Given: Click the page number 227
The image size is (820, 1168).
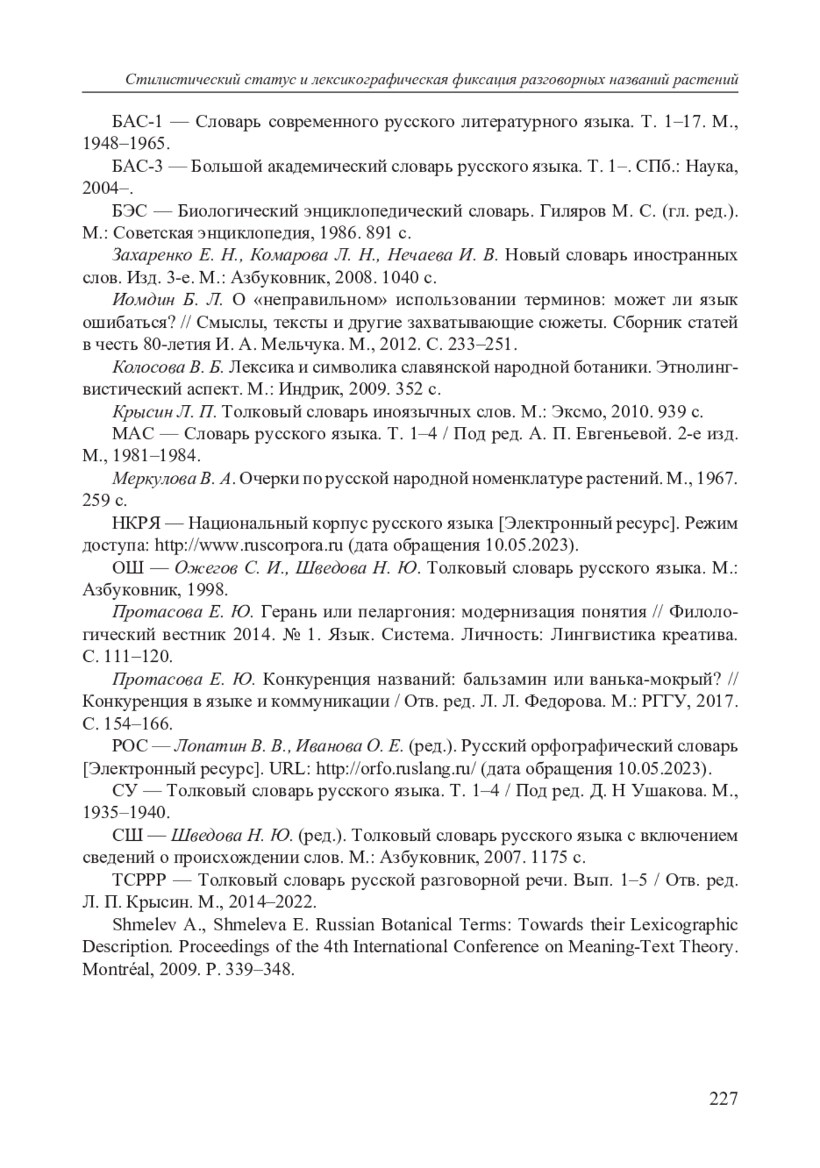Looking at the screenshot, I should [x=724, y=1098].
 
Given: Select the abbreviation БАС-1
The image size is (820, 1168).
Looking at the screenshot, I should [x=137, y=122].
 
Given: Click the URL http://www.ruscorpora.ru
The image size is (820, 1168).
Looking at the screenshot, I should [x=249, y=545].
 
